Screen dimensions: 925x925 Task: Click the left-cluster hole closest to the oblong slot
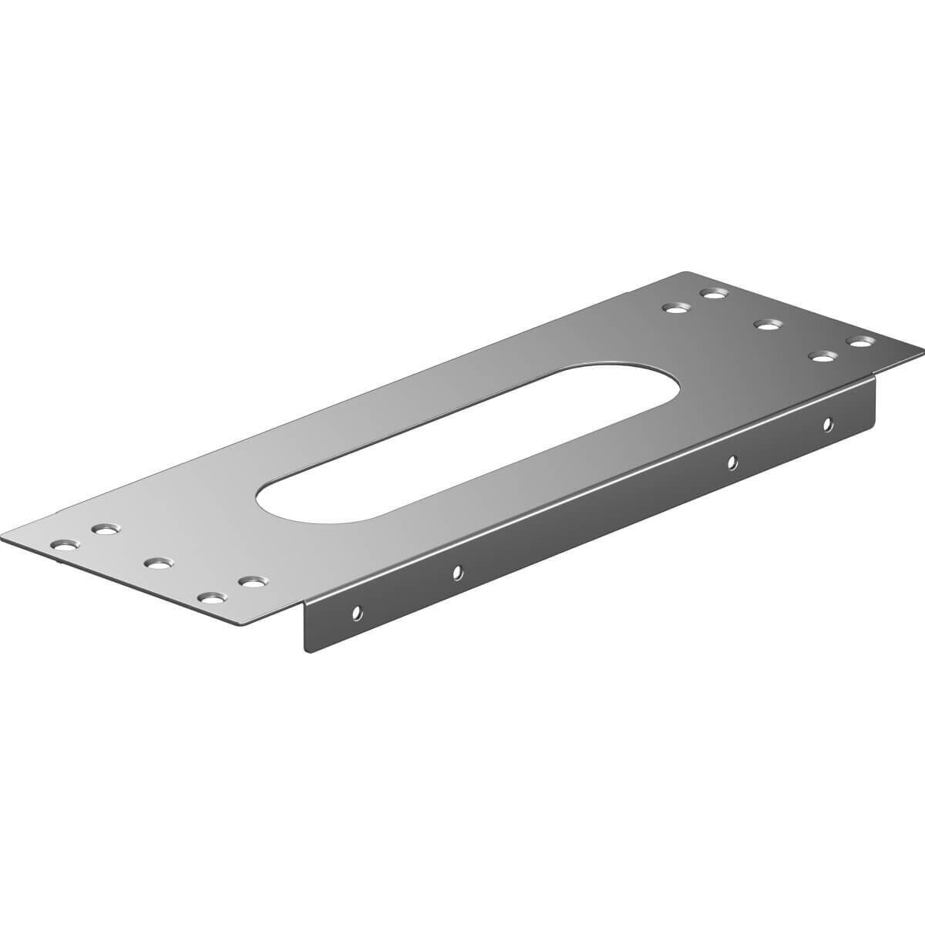click(250, 581)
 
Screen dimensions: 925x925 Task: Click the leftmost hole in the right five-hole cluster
click(675, 308)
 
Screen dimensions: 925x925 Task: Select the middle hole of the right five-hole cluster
click(765, 324)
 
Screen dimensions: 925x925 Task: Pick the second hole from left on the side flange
click(457, 572)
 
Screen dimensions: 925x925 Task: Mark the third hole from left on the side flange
click(732, 462)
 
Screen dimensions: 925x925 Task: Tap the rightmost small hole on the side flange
click(827, 423)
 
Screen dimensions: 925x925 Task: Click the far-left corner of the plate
click(4, 537)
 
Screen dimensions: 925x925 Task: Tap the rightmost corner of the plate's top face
click(922, 344)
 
